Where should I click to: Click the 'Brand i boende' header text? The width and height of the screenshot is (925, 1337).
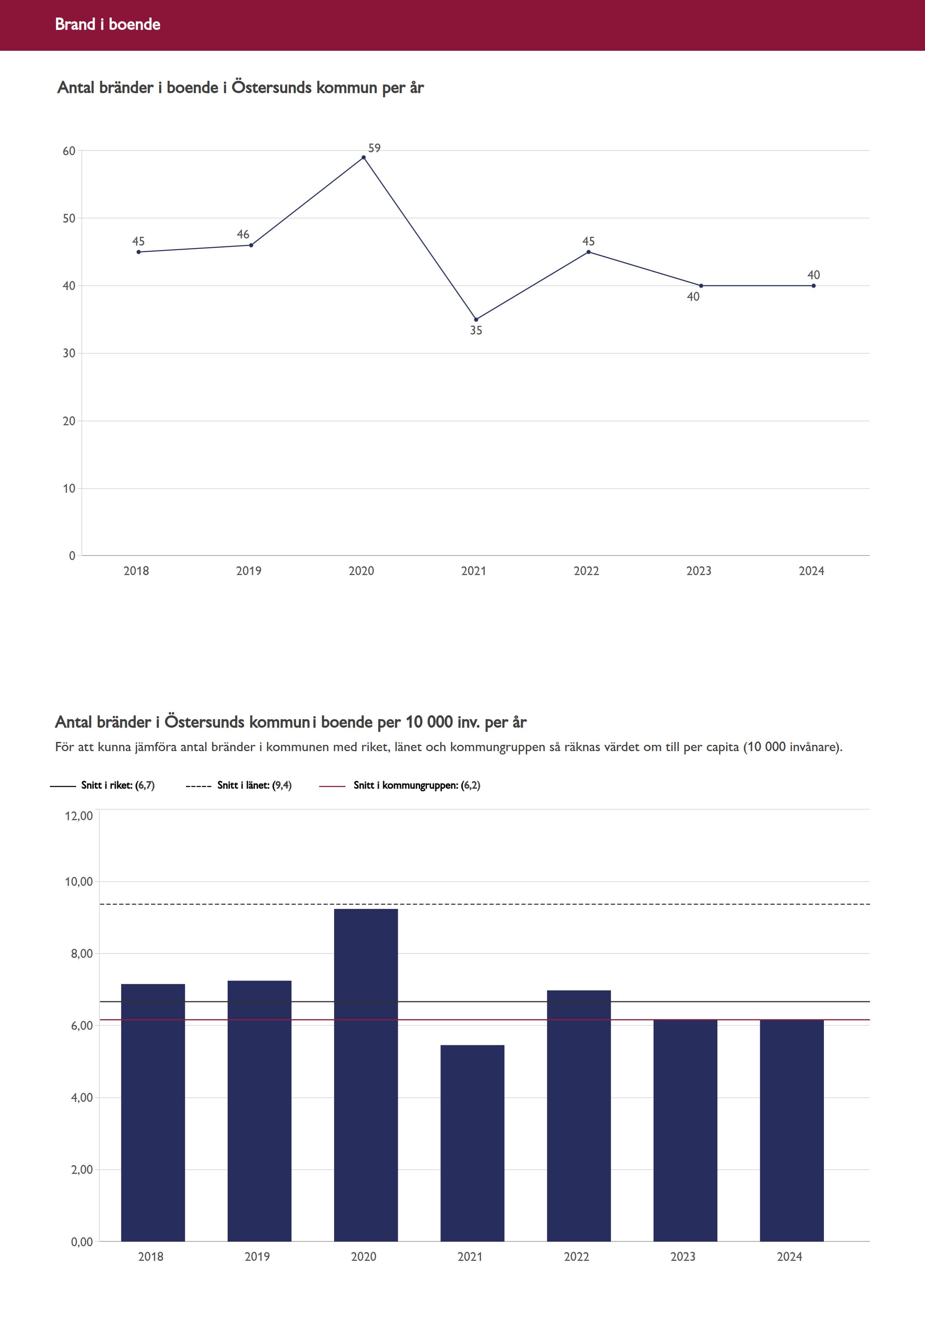click(107, 24)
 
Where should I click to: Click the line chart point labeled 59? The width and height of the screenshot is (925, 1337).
click(363, 157)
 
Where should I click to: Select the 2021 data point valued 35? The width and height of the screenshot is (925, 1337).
click(476, 319)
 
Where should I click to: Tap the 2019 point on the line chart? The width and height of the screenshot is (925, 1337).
click(251, 245)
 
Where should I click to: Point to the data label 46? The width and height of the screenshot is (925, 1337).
click(243, 234)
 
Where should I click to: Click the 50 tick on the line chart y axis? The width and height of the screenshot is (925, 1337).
click(69, 218)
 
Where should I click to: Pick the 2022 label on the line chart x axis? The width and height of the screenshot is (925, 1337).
click(586, 571)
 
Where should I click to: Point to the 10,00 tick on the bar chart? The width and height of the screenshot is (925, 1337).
click(79, 881)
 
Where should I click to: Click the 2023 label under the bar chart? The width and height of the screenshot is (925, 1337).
click(683, 1256)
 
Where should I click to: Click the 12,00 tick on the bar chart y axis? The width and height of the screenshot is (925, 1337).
click(79, 816)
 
